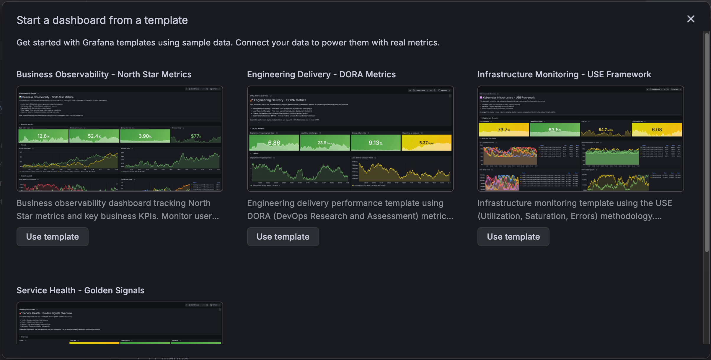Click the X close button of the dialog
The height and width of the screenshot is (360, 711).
(x=691, y=19)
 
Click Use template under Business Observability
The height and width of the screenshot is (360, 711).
(x=53, y=237)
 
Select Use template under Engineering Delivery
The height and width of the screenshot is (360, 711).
(x=283, y=237)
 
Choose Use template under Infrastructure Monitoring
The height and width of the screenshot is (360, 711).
(x=513, y=237)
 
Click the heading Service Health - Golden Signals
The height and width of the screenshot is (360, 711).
(x=80, y=290)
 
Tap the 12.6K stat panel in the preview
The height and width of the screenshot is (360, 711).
(x=43, y=136)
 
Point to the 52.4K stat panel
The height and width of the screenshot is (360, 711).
(x=94, y=136)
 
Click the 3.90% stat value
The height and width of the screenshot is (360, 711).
(x=145, y=136)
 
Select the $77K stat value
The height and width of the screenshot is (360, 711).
(x=196, y=136)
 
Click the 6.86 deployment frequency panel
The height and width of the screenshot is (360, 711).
(x=274, y=143)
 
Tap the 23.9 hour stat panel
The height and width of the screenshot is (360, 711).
(x=325, y=143)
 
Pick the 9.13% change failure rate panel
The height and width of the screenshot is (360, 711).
(x=376, y=143)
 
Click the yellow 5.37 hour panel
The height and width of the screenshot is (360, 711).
(x=426, y=143)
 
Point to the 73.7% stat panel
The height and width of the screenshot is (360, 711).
(x=504, y=130)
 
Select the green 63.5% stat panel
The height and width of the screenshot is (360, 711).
(x=555, y=130)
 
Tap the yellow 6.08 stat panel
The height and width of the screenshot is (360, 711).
(x=657, y=130)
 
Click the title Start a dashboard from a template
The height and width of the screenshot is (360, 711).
(x=102, y=20)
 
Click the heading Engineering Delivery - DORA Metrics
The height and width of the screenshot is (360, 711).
(x=321, y=74)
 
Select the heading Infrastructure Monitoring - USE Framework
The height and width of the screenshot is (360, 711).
(x=564, y=74)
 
